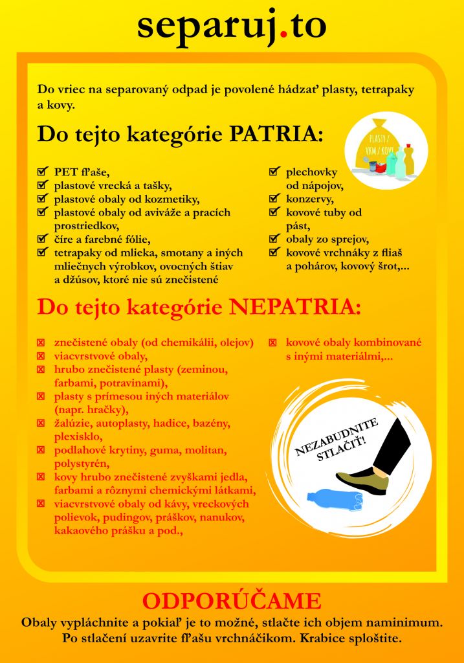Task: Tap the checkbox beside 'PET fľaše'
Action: tap(42, 172)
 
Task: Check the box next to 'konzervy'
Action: tap(274, 199)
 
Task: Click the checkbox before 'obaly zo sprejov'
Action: tap(274, 238)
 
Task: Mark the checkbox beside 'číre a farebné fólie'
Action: tap(42, 239)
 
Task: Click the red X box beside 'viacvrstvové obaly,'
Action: tap(41, 356)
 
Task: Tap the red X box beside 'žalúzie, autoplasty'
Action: tap(41, 423)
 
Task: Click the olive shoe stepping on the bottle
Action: tap(363, 480)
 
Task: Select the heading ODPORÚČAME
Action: tap(232, 601)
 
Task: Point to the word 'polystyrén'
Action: tap(82, 464)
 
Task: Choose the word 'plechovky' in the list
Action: tap(311, 172)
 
